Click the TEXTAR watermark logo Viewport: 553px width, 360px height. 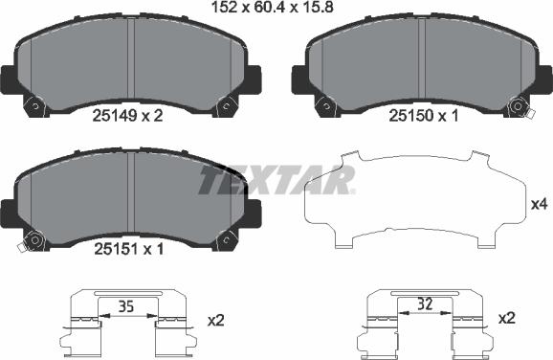tap(277, 179)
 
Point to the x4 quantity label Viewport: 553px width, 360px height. tap(537, 205)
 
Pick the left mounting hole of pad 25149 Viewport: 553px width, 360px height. tap(35, 106)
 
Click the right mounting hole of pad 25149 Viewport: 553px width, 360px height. tap(227, 106)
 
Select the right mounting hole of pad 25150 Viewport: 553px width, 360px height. tap(518, 106)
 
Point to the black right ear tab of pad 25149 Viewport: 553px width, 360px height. tap(254, 76)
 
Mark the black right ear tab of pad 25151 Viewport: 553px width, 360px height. tap(254, 210)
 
